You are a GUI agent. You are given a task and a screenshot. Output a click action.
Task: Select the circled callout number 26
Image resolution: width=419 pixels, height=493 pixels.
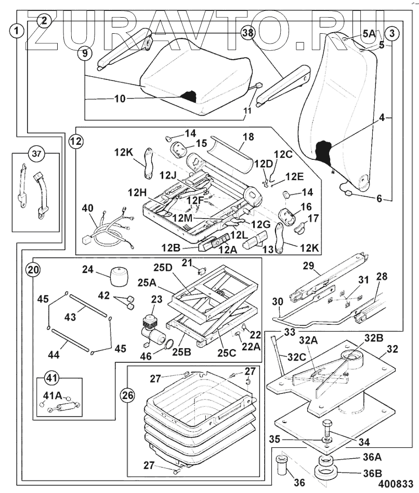click(127, 395)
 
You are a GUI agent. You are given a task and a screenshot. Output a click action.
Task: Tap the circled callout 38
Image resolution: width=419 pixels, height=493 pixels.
click(248, 33)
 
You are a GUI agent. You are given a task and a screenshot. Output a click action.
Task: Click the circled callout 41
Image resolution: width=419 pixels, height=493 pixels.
click(49, 378)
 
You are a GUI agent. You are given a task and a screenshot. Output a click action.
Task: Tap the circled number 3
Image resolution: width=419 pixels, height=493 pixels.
click(392, 33)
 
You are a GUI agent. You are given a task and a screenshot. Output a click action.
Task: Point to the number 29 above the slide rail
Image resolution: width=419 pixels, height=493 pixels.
click(308, 266)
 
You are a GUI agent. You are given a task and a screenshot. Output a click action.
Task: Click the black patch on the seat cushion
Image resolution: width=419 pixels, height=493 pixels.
click(188, 96)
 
